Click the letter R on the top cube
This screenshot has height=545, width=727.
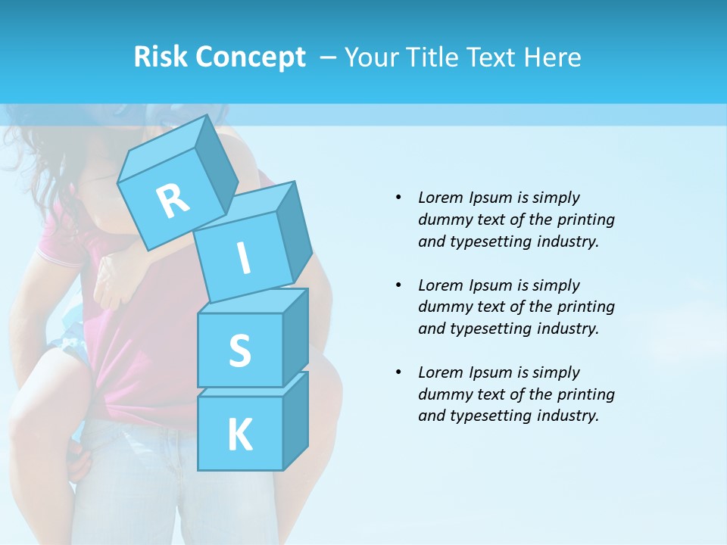coord(173,200)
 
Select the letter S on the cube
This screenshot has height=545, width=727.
coord(239,350)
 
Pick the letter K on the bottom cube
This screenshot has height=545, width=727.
coord(239,434)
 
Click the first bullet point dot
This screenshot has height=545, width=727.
coord(398,198)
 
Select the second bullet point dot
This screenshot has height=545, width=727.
coord(398,285)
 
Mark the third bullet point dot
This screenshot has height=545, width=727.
coord(398,372)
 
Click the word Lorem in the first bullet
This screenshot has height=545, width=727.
coord(441,198)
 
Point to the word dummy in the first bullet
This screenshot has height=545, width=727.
coord(442,220)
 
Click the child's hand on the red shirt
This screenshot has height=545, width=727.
coord(110,280)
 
